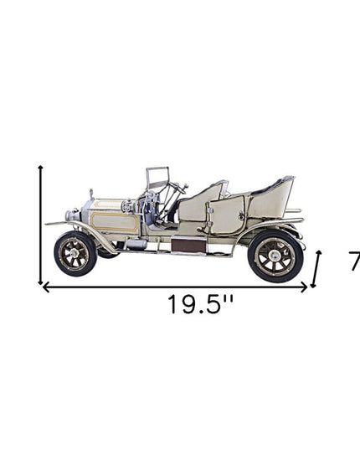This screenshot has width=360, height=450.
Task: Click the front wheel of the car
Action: point(75,253)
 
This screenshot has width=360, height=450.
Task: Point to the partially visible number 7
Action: point(354,262)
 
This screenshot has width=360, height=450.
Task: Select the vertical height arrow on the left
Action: point(40,225)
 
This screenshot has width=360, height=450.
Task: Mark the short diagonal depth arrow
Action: point(316,270)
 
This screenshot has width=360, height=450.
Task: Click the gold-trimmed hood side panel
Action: point(116,222)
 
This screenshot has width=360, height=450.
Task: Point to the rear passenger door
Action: point(227,216)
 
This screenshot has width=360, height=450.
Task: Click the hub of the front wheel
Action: point(75,253)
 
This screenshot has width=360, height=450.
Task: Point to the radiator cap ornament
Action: point(90,195)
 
